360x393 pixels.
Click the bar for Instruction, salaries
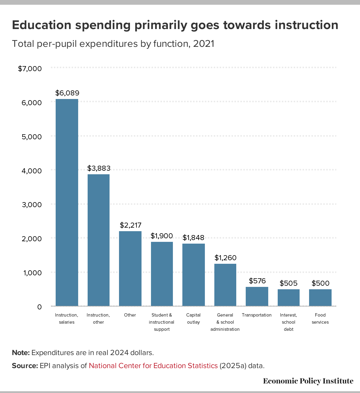click(67, 202)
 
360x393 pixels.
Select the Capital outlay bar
click(194, 274)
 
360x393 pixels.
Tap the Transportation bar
click(257, 296)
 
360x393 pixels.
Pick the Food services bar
click(320, 297)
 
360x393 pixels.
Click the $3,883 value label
click(99, 168)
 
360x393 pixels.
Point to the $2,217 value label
click(131, 225)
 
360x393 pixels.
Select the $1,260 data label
click(226, 258)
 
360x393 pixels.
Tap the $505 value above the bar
click(289, 283)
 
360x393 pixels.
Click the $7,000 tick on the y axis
click(30, 69)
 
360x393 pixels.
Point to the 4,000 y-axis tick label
click(32, 171)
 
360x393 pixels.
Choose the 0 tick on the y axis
click(39, 307)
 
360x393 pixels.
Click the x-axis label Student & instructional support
click(162, 322)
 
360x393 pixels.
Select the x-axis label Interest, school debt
click(289, 322)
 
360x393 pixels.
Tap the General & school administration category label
click(225, 322)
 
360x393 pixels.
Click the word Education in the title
click(42, 25)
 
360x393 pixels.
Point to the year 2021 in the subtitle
click(203, 44)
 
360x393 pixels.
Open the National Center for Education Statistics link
click(153, 366)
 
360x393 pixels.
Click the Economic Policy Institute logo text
click(308, 381)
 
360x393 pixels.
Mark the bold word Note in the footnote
click(20, 353)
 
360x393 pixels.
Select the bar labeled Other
click(130, 268)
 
